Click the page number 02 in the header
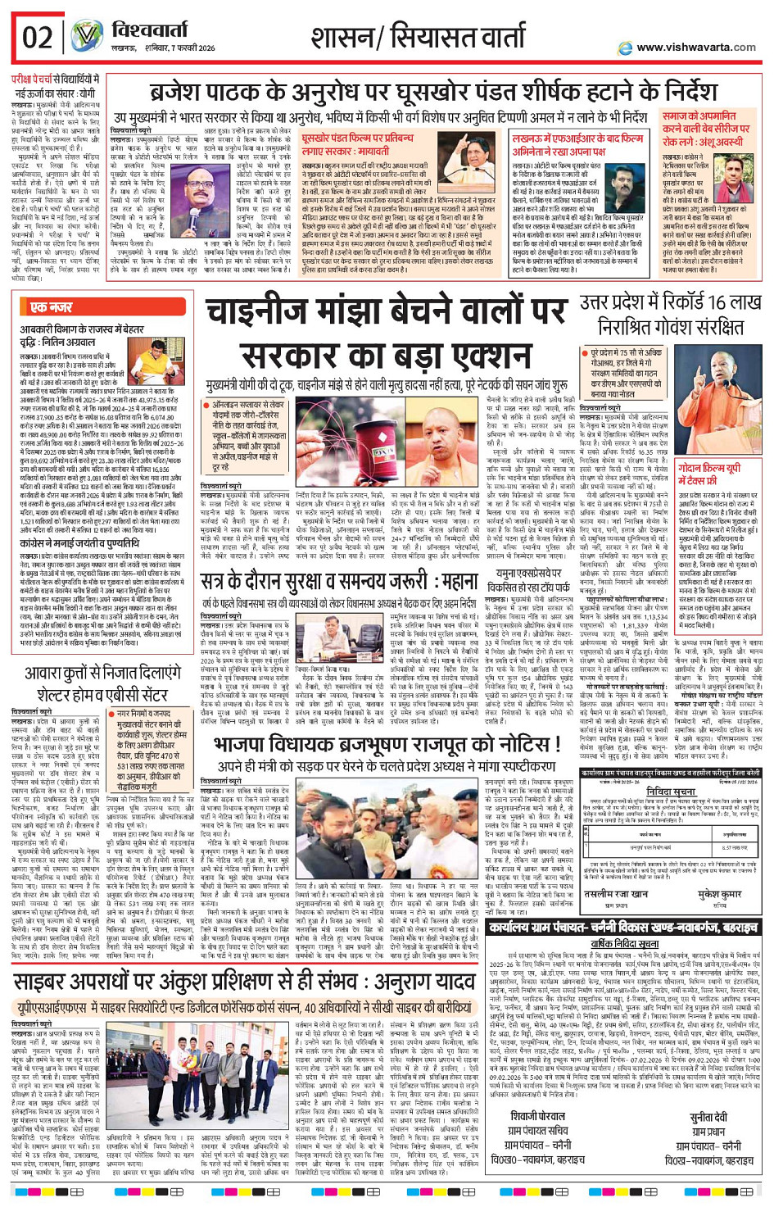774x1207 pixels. (x=38, y=37)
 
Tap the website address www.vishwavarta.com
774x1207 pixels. (x=695, y=48)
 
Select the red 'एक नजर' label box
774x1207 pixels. (x=51, y=306)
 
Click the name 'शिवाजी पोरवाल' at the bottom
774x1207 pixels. (x=538, y=1117)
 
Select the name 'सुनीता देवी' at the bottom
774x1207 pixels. (x=708, y=1117)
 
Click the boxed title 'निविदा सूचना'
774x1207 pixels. (x=669, y=793)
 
